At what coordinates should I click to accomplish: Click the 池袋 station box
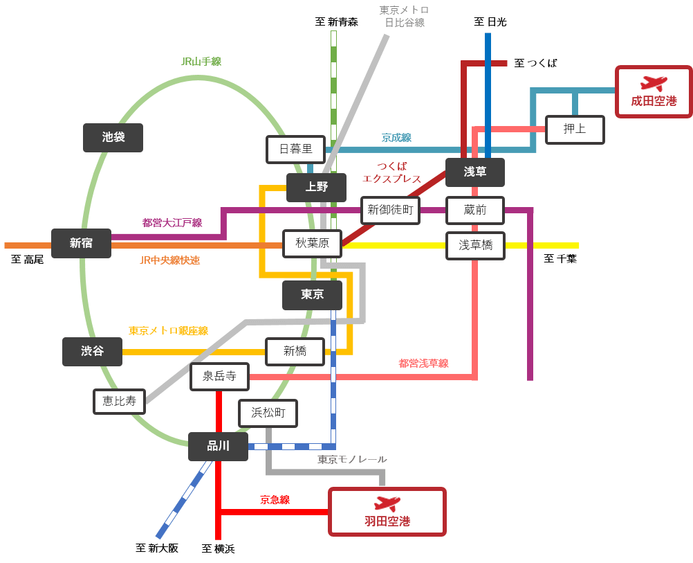pos(113,138)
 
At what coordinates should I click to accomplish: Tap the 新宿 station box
pos(81,243)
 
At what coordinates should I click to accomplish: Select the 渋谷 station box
pos(92,351)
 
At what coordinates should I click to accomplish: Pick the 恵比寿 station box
pos(120,401)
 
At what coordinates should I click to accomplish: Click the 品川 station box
pos(218,447)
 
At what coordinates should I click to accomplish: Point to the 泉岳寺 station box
pos(219,376)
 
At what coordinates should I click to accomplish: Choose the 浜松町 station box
pos(268,413)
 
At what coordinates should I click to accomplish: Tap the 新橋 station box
pos(295,351)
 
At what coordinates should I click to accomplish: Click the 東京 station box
pos(312,295)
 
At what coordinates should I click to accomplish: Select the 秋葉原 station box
pos(312,243)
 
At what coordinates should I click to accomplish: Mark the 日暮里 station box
pos(295,149)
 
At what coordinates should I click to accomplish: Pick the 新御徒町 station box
pos(390,210)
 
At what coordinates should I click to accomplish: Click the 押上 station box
pos(574,129)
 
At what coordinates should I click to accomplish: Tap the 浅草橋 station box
pos(475,245)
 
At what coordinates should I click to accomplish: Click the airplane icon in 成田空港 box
pos(654,83)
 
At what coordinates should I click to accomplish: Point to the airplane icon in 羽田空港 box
pos(387,503)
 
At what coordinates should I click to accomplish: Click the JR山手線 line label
pos(201,62)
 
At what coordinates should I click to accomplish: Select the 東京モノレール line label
pos(352,460)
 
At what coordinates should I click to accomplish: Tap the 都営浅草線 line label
pos(423,364)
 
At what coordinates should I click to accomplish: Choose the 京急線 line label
pos(275,499)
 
